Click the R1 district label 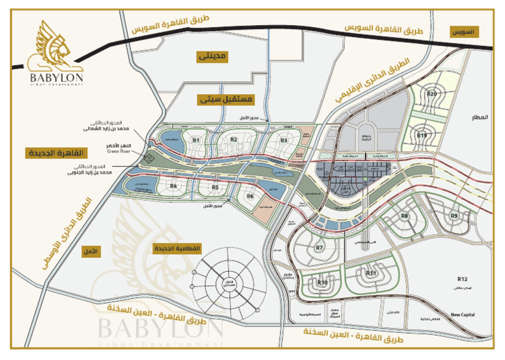pos(196,140)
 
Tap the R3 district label pos(284,140)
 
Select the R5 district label pos(215,188)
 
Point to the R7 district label pos(320,247)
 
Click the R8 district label pos(405,216)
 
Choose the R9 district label pos(454,216)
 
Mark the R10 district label pos(322,282)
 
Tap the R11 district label pos(372,272)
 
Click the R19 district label pos(422,135)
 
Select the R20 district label pos(431,93)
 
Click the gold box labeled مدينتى pos(212,57)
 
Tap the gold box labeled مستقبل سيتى pos(226,100)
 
